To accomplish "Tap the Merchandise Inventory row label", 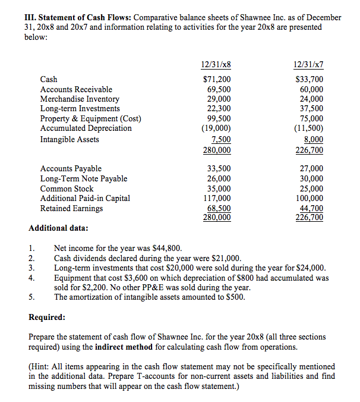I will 80,99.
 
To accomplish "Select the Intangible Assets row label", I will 70,139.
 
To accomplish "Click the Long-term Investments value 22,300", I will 220,108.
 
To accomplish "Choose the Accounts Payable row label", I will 71,169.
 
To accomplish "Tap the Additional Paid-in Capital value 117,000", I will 217,198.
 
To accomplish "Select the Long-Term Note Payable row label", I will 84,178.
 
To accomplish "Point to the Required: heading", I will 47,317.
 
